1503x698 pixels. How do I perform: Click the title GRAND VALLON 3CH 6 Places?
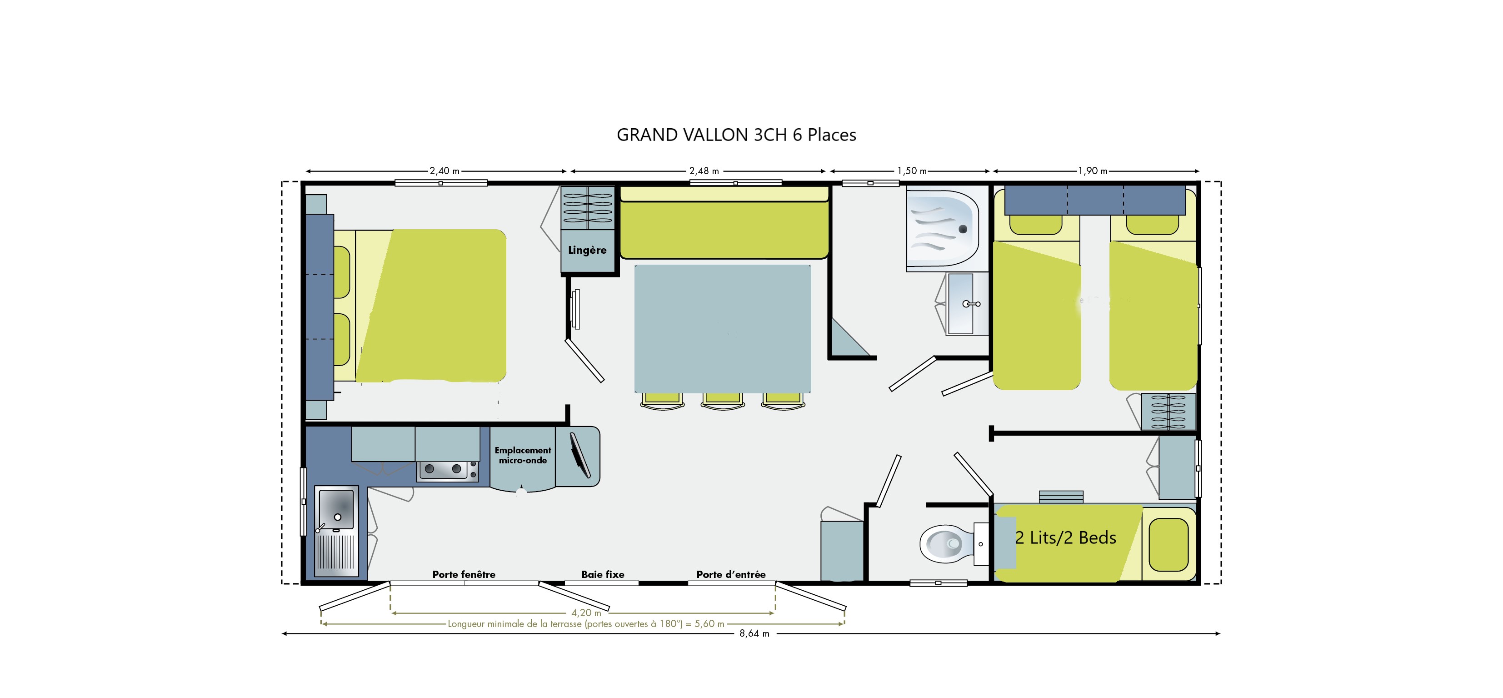click(736, 135)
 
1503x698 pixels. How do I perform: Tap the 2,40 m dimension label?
click(444, 171)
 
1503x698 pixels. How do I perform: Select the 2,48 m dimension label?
click(704, 171)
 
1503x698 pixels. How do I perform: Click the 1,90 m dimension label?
click(1092, 171)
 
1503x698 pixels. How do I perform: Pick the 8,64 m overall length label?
click(754, 634)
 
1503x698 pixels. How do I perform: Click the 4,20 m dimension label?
click(586, 613)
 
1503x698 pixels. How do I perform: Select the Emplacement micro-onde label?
click(523, 455)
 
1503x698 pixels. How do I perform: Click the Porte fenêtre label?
click(464, 574)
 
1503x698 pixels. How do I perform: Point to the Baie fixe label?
click(603, 574)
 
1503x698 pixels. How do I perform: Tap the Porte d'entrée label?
click(731, 574)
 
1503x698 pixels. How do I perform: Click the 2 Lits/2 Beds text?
click(1065, 537)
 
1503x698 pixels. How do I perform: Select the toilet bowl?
click(948, 544)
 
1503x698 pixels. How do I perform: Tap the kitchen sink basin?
click(336, 509)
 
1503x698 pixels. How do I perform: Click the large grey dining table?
click(722, 329)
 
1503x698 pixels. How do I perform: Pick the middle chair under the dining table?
click(722, 400)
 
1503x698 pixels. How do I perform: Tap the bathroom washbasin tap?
click(971, 303)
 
